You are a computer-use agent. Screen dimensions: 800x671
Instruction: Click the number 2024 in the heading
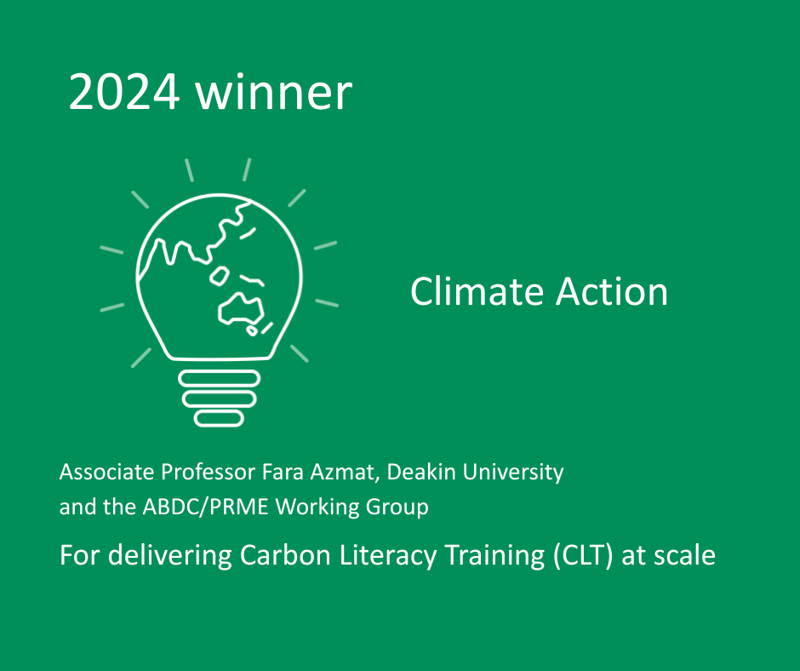124,91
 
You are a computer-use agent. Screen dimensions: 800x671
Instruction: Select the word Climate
477,291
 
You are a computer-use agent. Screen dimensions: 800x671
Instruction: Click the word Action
612,291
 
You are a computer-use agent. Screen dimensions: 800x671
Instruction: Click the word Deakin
421,472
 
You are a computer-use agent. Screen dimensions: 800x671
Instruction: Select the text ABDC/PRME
206,507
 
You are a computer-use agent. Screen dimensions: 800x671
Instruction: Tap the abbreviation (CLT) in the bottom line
583,555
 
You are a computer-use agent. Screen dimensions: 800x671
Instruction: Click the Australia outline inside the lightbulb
240,308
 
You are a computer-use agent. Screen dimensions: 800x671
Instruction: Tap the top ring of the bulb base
220,379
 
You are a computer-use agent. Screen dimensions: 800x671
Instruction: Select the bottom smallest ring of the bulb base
219,418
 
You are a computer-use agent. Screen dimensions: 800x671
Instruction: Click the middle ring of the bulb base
220,399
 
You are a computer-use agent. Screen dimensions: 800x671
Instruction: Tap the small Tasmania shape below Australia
252,331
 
